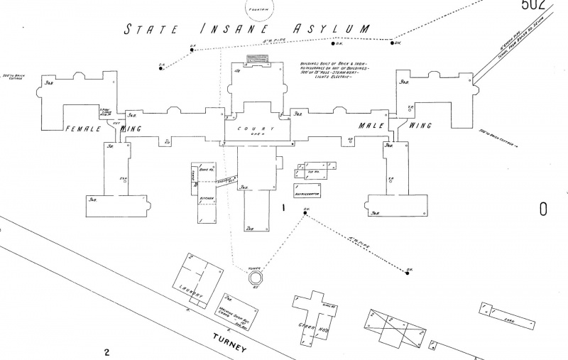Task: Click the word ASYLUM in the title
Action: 334,29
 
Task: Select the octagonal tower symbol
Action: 256,277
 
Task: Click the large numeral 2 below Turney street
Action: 106,351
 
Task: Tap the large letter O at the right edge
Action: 543,209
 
